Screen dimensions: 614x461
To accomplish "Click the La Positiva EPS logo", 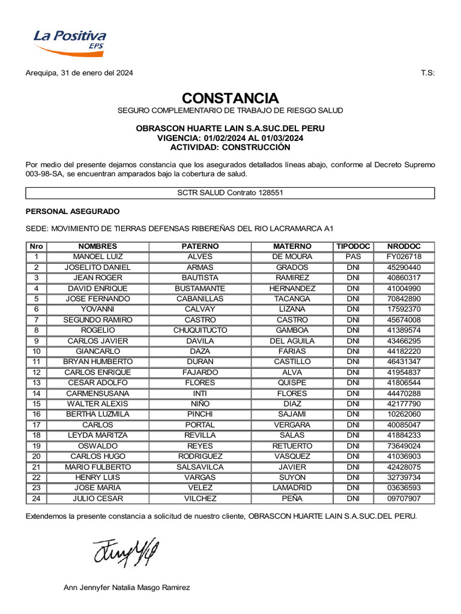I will pos(69,41).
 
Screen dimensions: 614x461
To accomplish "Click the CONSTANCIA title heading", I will pos(230,98).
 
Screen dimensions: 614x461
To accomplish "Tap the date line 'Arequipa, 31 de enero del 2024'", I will pos(79,73).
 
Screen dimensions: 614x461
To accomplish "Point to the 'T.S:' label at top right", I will pos(427,73).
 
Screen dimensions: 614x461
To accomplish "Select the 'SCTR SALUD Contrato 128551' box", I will pos(230,193).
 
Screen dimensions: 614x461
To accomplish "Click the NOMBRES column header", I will pos(98,246).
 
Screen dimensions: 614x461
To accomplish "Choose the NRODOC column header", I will pos(403,246).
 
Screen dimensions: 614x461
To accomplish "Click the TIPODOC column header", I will pos(354,246).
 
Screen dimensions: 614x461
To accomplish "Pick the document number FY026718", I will pos(403,257).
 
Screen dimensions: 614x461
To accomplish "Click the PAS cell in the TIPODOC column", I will pos(354,257).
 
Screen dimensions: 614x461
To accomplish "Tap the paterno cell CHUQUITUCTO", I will pos(200,330).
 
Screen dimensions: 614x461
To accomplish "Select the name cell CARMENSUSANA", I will pos(98,393).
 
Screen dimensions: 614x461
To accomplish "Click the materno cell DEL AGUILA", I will pos(292,341).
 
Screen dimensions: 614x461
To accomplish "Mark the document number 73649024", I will pos(403,446).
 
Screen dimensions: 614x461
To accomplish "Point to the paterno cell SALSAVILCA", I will pos(200,467).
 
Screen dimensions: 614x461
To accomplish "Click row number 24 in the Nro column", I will pos(36,498).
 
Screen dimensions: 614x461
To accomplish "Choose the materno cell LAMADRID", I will pos(292,488).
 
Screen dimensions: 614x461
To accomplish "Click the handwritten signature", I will pos(126,552).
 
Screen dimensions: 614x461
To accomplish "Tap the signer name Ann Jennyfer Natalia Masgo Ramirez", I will pos(127,588).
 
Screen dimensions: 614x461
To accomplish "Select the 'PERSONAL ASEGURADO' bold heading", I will pos(73,212).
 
